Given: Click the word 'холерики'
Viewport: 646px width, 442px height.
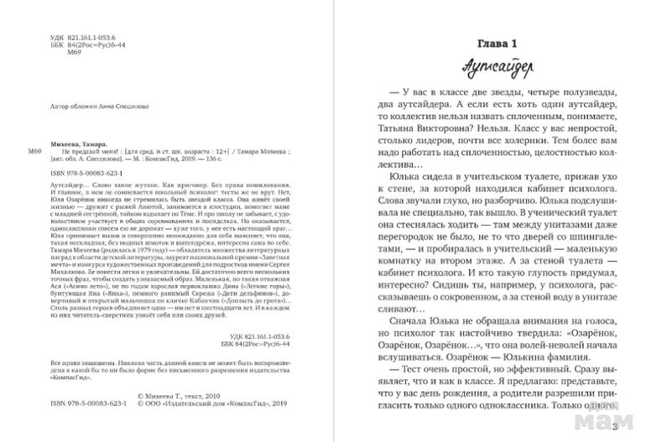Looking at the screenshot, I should click(548, 156).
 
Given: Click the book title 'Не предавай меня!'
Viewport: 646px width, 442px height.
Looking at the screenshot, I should click(71, 150).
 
